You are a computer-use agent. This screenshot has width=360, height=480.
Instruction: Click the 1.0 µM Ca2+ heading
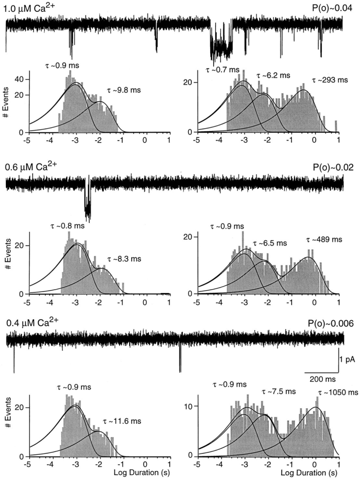tap(28, 8)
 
